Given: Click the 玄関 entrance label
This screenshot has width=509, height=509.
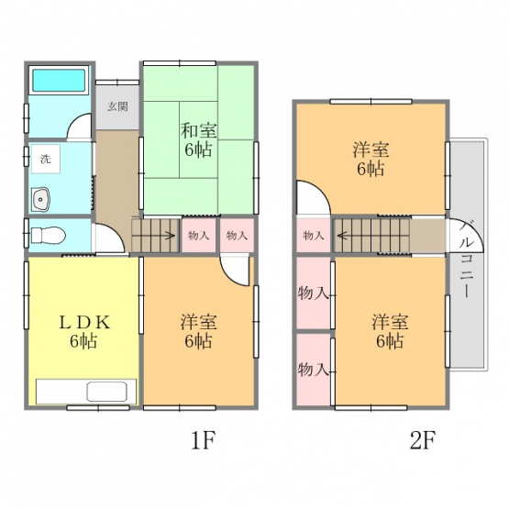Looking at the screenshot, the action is [117, 106].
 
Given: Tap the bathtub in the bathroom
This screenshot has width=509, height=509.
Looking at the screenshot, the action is [59, 80].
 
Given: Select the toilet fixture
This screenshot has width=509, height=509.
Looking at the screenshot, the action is [49, 235].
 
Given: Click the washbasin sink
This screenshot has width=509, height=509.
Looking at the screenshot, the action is [41, 199].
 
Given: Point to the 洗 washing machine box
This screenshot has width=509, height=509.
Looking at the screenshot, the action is [46, 159].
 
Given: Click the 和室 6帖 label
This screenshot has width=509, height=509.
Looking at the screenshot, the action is [198, 140].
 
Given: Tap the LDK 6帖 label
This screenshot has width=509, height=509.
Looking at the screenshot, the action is [83, 331].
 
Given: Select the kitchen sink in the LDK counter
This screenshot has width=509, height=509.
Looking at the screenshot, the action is [106, 392].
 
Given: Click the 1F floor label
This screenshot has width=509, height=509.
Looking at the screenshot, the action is [203, 440].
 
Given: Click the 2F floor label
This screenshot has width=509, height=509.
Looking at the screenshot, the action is [422, 440].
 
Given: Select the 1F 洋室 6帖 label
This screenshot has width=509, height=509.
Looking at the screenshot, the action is [198, 331].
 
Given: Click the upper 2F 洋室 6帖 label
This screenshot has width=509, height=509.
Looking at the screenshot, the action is [371, 160].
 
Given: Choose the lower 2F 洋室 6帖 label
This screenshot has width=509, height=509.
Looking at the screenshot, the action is [390, 331].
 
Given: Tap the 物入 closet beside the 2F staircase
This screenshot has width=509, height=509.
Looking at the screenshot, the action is [314, 235].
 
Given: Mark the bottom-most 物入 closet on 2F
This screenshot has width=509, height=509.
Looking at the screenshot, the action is [314, 370].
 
